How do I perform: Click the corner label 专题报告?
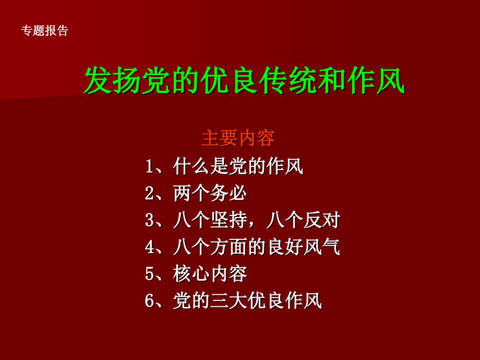[x=44, y=31]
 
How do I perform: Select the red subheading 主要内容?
[x=238, y=139]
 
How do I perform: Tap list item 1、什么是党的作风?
[x=224, y=167]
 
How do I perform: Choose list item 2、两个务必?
[x=196, y=194]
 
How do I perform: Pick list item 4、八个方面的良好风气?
[x=243, y=247]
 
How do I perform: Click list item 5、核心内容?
[x=196, y=273]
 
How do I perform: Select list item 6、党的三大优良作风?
[x=234, y=300]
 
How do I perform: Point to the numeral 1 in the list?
[x=150, y=167]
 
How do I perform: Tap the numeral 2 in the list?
[x=150, y=194]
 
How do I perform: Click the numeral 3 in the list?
[x=150, y=221]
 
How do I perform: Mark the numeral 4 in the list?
[x=150, y=247]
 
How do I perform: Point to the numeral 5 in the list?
[x=150, y=274]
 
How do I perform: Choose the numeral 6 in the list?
[x=150, y=301]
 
